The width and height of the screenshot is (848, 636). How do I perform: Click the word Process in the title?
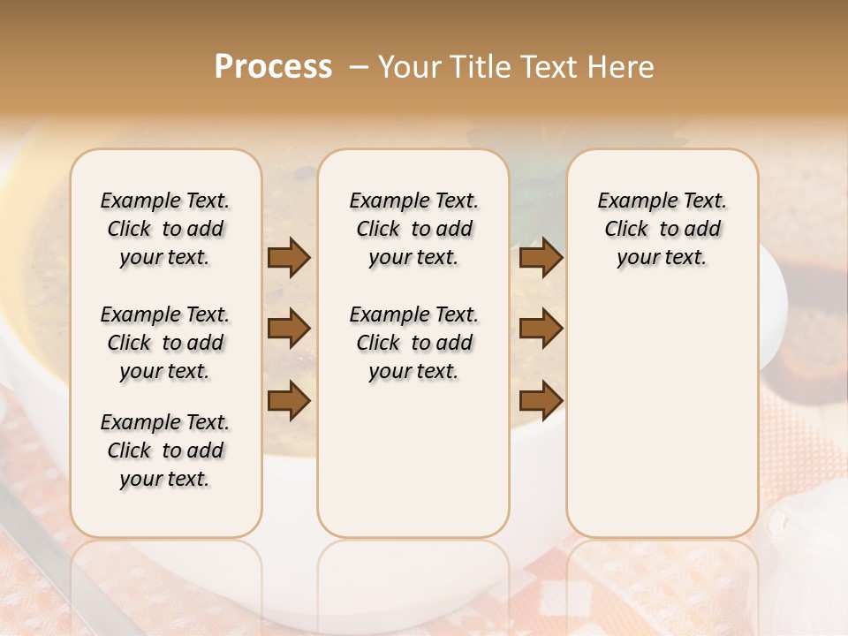273,67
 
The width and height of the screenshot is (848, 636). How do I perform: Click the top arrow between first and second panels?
289,258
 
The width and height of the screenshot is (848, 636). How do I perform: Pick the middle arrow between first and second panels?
289,329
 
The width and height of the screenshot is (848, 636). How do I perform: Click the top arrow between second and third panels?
541,258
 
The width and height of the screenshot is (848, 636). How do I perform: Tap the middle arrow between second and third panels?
541,329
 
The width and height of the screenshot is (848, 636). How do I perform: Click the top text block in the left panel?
165,229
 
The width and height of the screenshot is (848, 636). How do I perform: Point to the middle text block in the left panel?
165,343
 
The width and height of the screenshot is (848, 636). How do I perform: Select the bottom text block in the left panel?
165,450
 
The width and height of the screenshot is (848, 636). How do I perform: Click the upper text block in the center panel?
413,229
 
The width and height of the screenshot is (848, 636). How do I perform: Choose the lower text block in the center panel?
413,343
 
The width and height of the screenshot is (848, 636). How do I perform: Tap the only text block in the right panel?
662,229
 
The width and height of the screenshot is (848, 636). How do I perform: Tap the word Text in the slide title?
544,67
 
